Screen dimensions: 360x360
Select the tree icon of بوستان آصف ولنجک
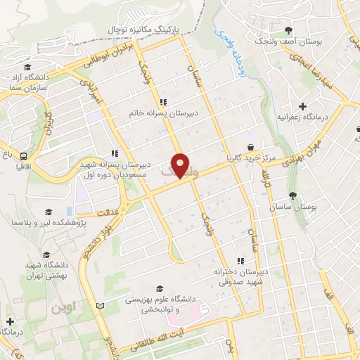pos(289,30)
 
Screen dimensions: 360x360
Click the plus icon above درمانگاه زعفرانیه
pos(302,107)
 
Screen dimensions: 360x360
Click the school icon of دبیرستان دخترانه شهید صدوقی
pos(240,262)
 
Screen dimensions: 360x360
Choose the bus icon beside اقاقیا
pos(25,157)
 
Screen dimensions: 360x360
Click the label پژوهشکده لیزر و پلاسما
pos(41,223)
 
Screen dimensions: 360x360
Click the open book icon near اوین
pos(101,305)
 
